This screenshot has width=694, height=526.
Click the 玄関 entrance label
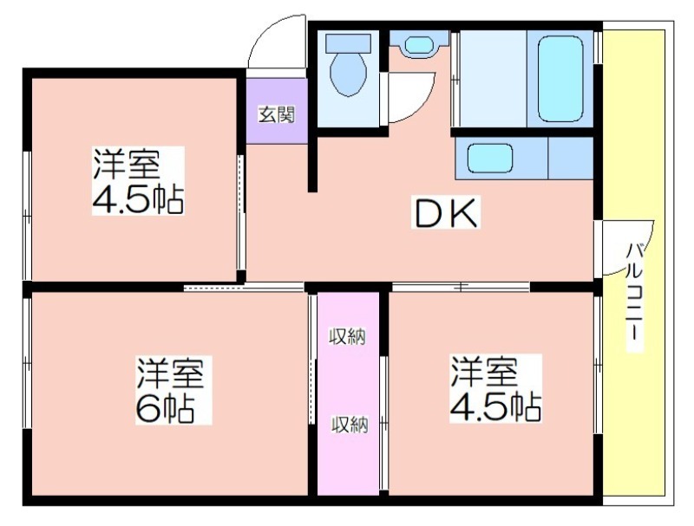pos(277,115)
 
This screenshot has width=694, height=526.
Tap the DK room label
pos(446,213)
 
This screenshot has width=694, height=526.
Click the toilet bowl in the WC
pos(349,75)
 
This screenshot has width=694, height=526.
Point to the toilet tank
pos(349,43)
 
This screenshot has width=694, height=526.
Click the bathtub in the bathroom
pos(560,79)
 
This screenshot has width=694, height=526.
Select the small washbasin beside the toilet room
pos(420,45)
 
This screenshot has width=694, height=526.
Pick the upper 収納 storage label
pos(348,337)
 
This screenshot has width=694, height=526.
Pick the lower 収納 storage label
pos(350,425)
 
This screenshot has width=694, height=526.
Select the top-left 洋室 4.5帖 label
pos(138,181)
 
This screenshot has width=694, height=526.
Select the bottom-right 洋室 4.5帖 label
pos(495,388)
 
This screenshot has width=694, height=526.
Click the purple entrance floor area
pos(277,111)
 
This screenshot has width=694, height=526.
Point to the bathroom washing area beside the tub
pos(493,79)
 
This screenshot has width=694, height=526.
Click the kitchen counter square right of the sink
pos(571,158)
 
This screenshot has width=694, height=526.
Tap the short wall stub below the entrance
pos(312,164)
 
